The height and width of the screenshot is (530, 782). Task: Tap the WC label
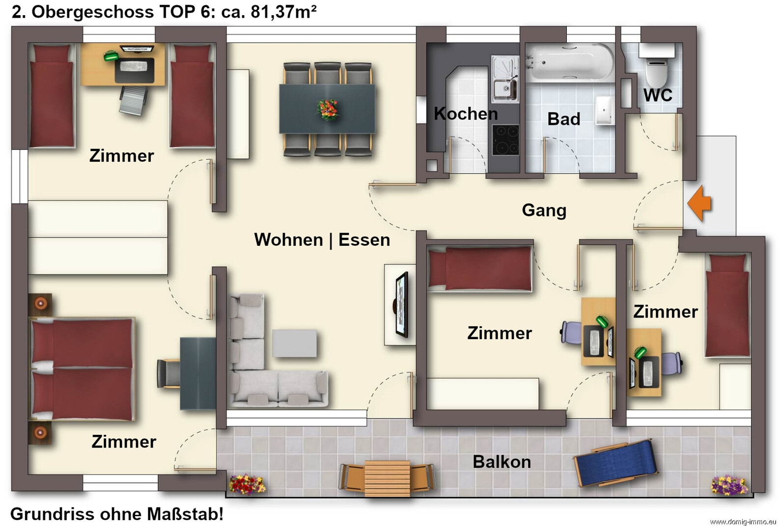(x=658, y=95)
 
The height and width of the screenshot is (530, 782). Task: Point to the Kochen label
(x=466, y=114)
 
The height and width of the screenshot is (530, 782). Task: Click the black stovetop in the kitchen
(x=505, y=140)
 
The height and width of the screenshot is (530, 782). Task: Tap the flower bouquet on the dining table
(x=328, y=109)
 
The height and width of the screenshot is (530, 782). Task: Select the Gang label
(x=544, y=210)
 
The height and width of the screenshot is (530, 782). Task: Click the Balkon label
(x=502, y=462)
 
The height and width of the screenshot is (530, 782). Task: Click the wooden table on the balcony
(x=387, y=478)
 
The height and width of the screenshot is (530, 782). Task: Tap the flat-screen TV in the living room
(x=401, y=305)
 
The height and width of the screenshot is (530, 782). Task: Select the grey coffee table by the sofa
(x=295, y=343)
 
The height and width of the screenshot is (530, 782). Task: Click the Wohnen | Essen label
(x=322, y=240)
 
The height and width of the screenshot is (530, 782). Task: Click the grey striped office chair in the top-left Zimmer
(x=133, y=100)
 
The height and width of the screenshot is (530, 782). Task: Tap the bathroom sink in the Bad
(x=603, y=109)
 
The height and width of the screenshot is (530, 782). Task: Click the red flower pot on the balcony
(x=247, y=484)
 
